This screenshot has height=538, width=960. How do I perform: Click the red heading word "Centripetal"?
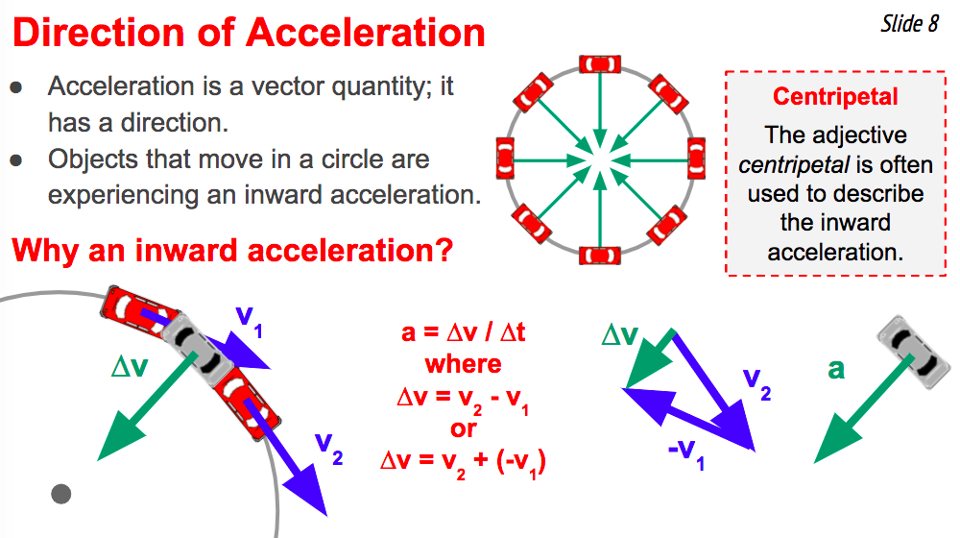(835, 96)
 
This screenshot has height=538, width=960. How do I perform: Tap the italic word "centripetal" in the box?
(794, 165)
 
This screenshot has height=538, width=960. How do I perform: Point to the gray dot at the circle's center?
(60, 493)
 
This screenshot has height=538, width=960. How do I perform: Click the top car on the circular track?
(600, 64)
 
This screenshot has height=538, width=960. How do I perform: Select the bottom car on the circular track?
(600, 255)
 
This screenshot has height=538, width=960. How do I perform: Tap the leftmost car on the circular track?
(505, 159)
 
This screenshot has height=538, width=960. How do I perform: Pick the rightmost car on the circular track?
(696, 159)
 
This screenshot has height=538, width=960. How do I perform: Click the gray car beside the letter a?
(914, 352)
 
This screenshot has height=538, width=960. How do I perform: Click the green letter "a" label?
(836, 369)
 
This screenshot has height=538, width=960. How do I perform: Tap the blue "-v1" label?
(686, 454)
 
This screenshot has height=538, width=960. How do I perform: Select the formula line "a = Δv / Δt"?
(464, 332)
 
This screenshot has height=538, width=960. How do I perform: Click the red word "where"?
(464, 364)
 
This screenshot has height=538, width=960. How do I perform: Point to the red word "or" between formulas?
(464, 428)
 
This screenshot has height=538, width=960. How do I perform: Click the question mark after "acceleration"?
(445, 251)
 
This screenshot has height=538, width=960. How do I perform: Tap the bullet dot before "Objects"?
(16, 160)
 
